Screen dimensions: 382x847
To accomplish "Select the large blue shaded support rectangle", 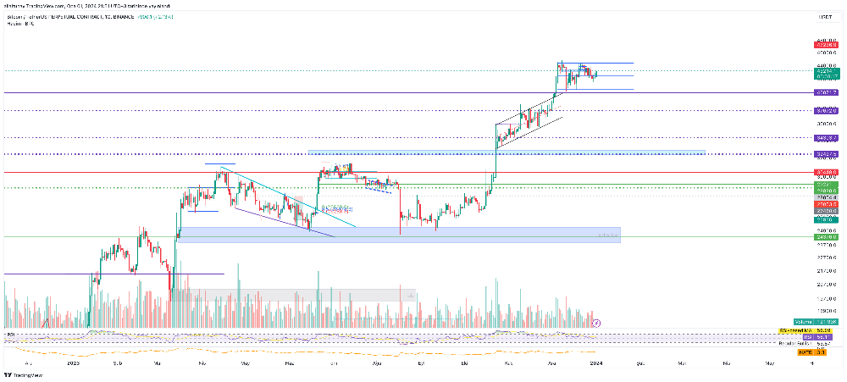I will pos(398,235).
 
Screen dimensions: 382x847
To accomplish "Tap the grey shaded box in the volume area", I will pos(296,295).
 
